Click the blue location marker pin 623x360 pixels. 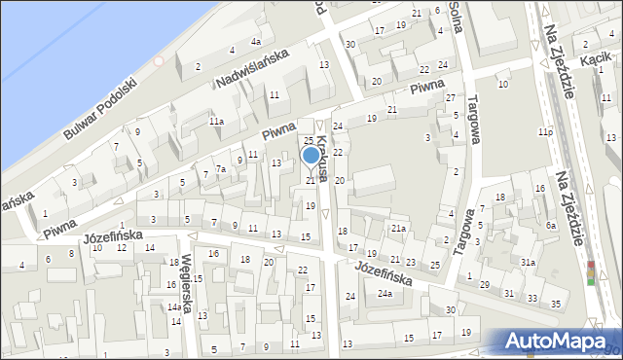coord(311,156)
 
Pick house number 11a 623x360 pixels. coord(216,122)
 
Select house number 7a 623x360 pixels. coord(221,169)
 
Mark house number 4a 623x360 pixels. coord(255,42)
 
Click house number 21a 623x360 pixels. coord(398,229)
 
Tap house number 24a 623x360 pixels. coord(385,294)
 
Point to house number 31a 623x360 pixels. coord(527,263)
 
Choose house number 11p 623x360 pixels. coord(545,131)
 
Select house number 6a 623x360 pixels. coord(550,225)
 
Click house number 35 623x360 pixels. coord(556,305)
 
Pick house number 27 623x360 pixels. coord(450,98)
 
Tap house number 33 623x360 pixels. coord(531,298)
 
